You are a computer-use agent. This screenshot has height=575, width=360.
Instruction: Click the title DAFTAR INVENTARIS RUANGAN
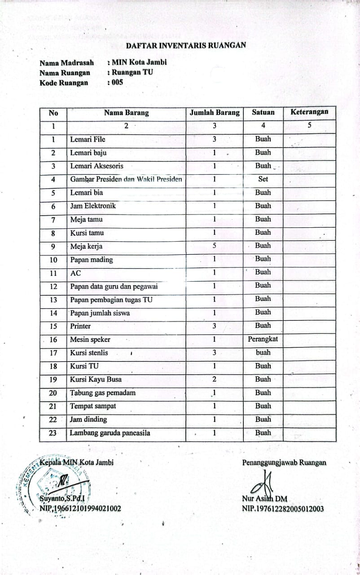click(185, 45)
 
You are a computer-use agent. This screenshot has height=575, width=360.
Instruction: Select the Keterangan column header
click(309, 112)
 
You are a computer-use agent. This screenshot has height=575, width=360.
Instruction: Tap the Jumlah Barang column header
click(215, 113)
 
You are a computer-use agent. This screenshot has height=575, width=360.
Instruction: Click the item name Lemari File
click(88, 139)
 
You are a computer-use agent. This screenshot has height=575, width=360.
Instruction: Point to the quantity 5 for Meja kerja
click(215, 246)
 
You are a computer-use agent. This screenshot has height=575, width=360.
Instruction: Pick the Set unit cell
click(263, 179)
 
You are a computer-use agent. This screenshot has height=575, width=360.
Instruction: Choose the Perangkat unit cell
click(263, 339)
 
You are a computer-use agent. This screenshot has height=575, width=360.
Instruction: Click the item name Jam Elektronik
click(93, 206)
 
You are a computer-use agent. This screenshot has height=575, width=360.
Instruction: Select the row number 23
click(53, 433)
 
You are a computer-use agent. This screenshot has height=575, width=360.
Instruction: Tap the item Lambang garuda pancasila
click(110, 433)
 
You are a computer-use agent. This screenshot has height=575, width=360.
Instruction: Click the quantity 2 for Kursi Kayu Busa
click(215, 379)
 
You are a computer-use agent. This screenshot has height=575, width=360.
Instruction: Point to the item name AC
click(76, 273)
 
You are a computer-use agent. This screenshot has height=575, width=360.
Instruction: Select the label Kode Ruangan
click(64, 83)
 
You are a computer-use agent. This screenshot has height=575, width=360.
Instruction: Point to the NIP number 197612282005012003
click(283, 509)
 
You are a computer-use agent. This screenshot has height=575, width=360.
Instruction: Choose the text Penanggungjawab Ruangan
click(284, 463)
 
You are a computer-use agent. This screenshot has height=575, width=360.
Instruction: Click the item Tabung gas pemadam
click(103, 393)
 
